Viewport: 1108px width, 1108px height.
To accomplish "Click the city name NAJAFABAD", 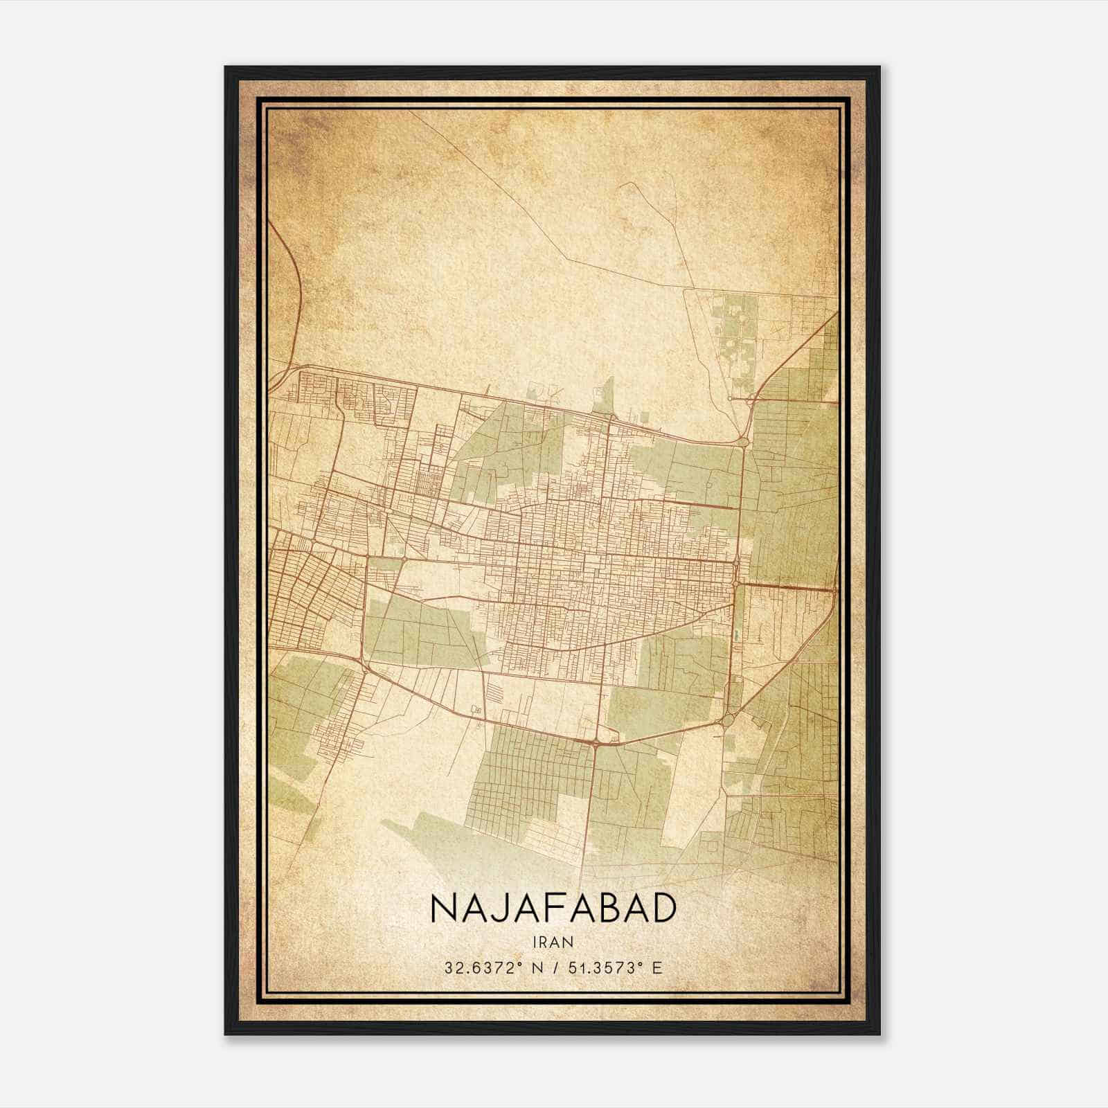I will (x=553, y=909).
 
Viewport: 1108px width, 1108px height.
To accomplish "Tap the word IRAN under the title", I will (x=553, y=942).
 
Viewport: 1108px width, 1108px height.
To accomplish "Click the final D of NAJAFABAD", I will (x=662, y=909).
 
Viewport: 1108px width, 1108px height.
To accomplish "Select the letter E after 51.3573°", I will (x=657, y=967).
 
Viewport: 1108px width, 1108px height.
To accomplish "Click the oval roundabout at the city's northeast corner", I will (x=743, y=440).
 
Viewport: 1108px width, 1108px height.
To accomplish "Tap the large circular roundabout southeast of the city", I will (x=726, y=721).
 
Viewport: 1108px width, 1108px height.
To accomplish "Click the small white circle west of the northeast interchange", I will (x=730, y=399).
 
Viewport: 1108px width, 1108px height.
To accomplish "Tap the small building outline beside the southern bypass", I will (x=476, y=709).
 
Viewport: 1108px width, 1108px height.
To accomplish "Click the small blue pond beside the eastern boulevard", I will (x=736, y=634).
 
